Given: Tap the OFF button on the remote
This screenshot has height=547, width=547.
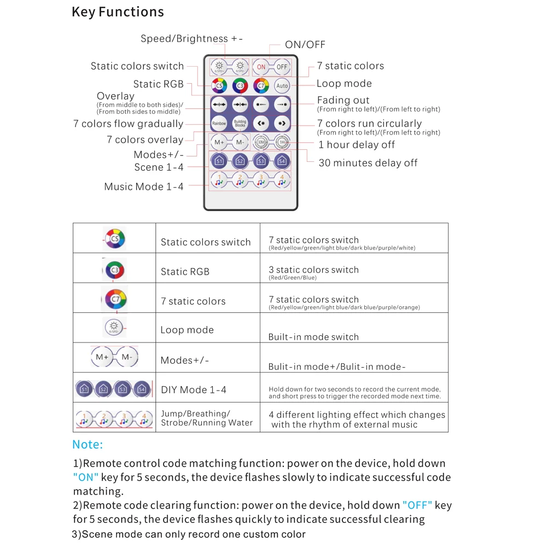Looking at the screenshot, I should (x=282, y=67).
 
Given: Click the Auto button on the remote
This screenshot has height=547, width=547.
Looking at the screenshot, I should (x=282, y=86).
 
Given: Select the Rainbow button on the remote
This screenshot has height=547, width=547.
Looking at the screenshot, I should (x=219, y=123).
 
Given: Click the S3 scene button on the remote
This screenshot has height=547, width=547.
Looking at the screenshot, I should (x=261, y=161).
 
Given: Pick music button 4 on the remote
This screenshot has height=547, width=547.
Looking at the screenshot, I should (x=282, y=179).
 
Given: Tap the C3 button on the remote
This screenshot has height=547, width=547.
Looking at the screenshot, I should (x=240, y=86).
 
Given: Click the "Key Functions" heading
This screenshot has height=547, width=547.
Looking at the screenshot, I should (x=118, y=12).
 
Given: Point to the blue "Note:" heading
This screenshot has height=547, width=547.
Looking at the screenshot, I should (x=88, y=445).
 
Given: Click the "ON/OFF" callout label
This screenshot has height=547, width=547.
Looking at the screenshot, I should (x=305, y=45).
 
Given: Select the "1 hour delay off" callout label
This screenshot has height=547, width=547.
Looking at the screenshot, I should (x=356, y=145).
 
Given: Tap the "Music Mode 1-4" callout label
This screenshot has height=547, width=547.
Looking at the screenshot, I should (x=144, y=187).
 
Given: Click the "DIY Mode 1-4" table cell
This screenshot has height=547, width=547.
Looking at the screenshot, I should (x=193, y=390).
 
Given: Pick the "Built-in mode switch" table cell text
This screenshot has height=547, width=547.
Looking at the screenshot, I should (x=313, y=337).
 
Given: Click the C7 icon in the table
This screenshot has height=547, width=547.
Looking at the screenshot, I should (x=115, y=299).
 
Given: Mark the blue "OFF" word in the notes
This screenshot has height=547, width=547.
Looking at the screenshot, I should (x=417, y=505).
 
